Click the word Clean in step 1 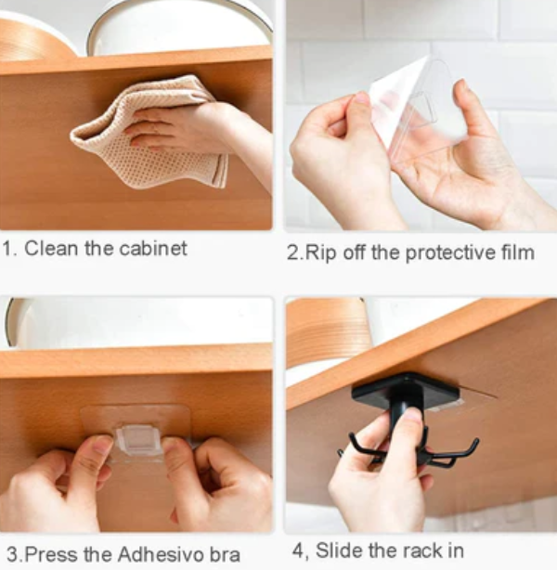click(x=51, y=249)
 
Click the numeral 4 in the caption click(x=297, y=551)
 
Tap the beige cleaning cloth click(x=149, y=133)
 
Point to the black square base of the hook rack click(x=406, y=392)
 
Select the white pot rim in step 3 click(x=10, y=322)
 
